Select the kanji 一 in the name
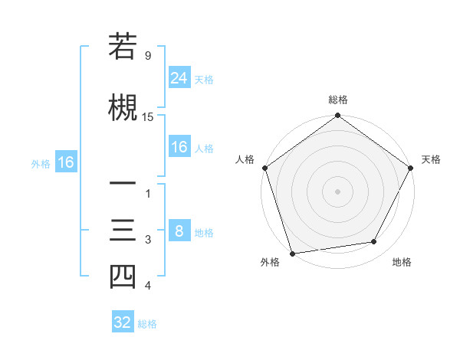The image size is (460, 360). point(122,184)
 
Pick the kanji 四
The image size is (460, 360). point(122,276)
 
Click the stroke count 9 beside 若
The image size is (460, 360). point(147,56)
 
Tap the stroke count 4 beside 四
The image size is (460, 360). point(147,286)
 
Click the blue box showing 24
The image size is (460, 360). point(179,77)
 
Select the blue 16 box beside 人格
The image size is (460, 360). point(179,147)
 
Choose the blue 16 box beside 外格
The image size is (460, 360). point(65,162)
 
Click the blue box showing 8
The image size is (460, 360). point(179,231)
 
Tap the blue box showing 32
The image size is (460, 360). point(123,322)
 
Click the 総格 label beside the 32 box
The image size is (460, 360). point(147,324)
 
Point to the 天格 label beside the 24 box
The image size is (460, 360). point(204,79)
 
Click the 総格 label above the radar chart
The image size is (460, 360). point(337,100)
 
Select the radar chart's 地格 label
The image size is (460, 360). point(402,262)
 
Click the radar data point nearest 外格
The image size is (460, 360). point(292,252)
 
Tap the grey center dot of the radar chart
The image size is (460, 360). point(337,191)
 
